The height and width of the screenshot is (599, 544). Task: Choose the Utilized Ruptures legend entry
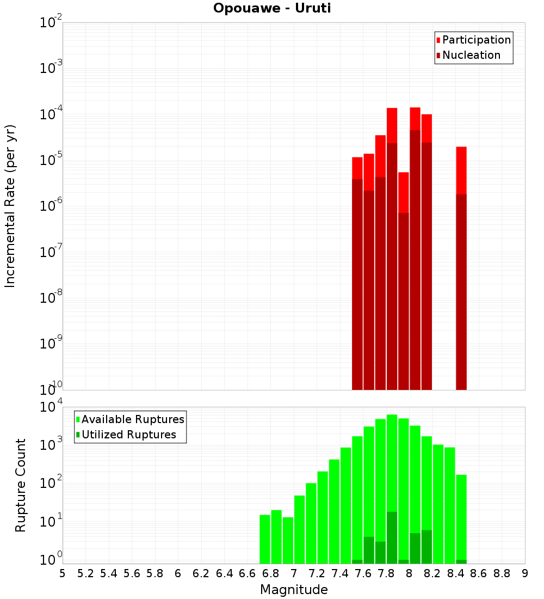pyautogui.click(x=128, y=435)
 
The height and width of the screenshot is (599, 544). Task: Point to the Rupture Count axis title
pyautogui.click(x=21, y=485)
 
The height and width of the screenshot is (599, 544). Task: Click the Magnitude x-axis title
pyautogui.click(x=294, y=589)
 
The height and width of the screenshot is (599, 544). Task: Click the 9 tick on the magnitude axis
pyautogui.click(x=525, y=573)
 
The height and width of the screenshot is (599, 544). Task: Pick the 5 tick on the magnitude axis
pyautogui.click(x=63, y=573)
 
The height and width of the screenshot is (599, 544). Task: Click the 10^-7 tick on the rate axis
pyautogui.click(x=51, y=252)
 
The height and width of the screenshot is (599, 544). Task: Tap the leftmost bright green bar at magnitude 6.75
pyautogui.click(x=265, y=539)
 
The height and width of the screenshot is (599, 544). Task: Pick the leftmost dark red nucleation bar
pyautogui.click(x=357, y=283)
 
